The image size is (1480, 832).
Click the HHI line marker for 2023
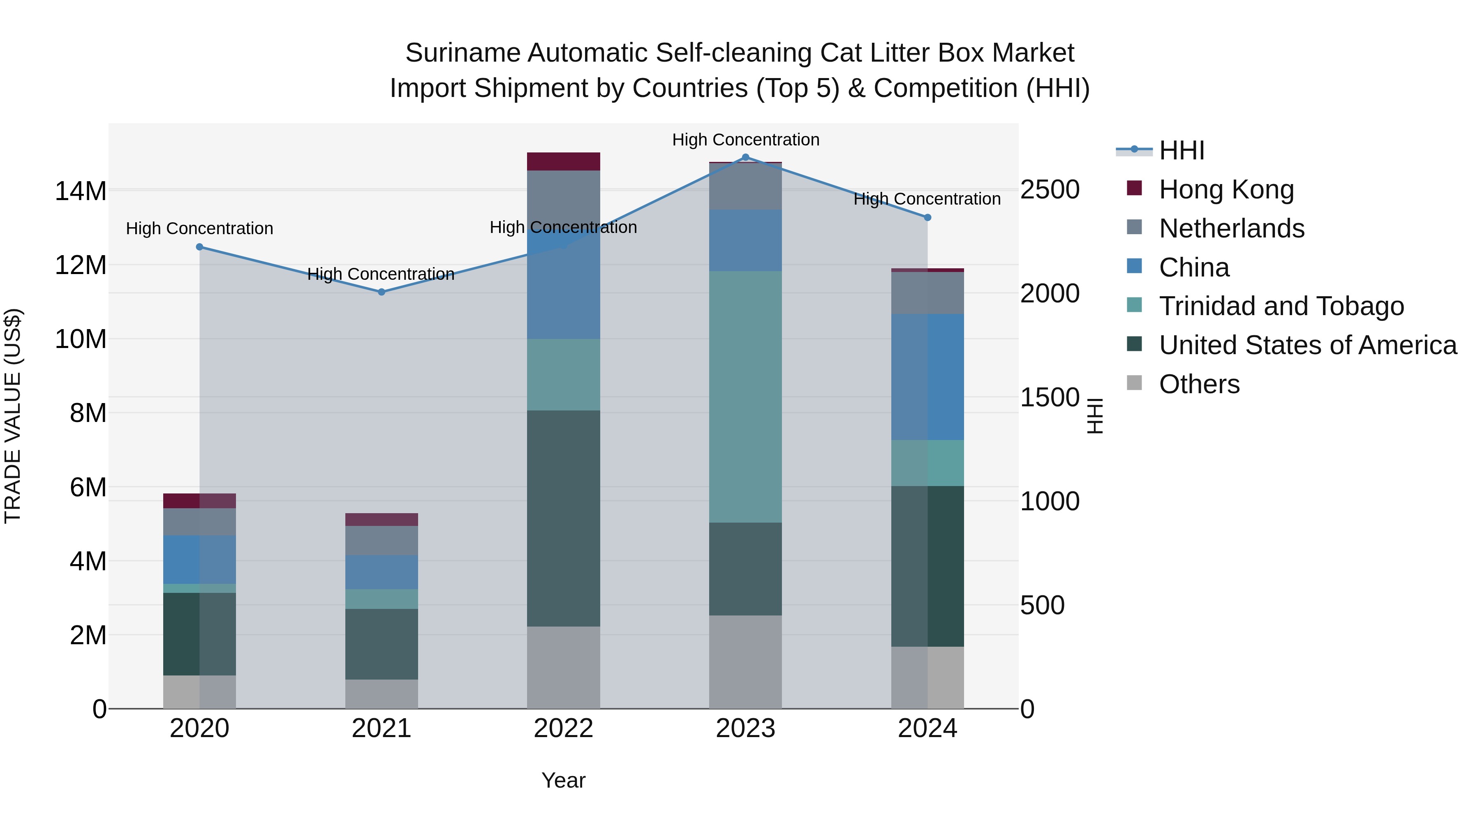click(x=745, y=157)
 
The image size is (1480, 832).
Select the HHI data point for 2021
click(x=382, y=292)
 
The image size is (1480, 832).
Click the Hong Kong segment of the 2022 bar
click(x=563, y=162)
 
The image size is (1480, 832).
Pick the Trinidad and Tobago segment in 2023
click(x=745, y=396)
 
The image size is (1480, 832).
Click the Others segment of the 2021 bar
click(x=382, y=694)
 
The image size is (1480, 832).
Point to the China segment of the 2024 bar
click(x=927, y=377)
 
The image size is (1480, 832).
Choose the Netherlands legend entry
click(x=1231, y=228)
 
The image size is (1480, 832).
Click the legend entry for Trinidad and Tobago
click(x=1281, y=306)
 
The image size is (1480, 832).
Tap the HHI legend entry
click(x=1181, y=150)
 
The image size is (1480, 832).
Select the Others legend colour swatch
click(x=1134, y=383)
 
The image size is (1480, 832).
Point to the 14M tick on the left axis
click(x=81, y=191)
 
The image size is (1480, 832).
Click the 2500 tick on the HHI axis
click(x=1049, y=190)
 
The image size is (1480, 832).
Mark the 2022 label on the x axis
click(x=563, y=728)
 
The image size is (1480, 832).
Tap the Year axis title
click(x=563, y=780)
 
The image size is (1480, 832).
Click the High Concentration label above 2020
click(x=199, y=228)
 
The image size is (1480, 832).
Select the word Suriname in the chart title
click(x=463, y=53)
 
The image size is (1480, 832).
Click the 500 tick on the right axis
click(x=1042, y=605)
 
